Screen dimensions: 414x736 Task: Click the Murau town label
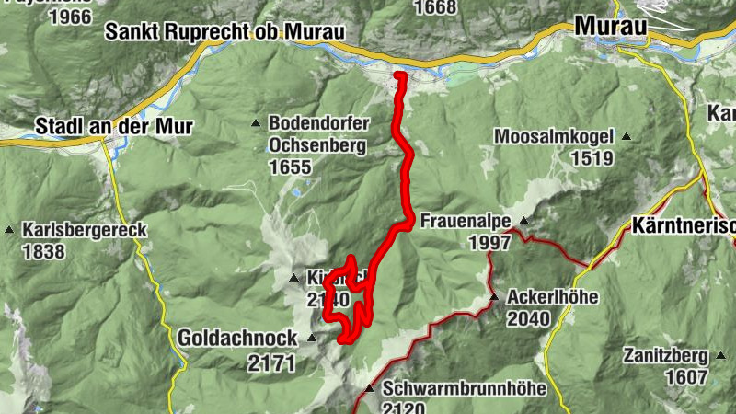(x=611, y=27)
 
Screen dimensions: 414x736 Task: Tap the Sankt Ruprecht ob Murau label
(x=224, y=31)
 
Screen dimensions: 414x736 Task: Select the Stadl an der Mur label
(x=113, y=127)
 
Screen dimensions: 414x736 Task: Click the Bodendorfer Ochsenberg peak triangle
(x=257, y=122)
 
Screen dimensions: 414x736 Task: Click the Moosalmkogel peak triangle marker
(x=627, y=137)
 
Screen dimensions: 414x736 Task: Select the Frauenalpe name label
(x=465, y=222)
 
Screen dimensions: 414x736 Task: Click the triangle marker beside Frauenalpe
(x=523, y=221)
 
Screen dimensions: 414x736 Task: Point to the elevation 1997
(x=489, y=243)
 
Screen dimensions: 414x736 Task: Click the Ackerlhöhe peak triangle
(x=494, y=297)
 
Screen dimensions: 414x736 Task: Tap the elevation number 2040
(x=528, y=319)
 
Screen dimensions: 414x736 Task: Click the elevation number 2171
(x=271, y=363)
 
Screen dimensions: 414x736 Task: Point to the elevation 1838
(x=44, y=252)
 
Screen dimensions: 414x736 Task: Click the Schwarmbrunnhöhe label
(x=465, y=389)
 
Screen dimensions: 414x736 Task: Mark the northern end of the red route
(x=398, y=75)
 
